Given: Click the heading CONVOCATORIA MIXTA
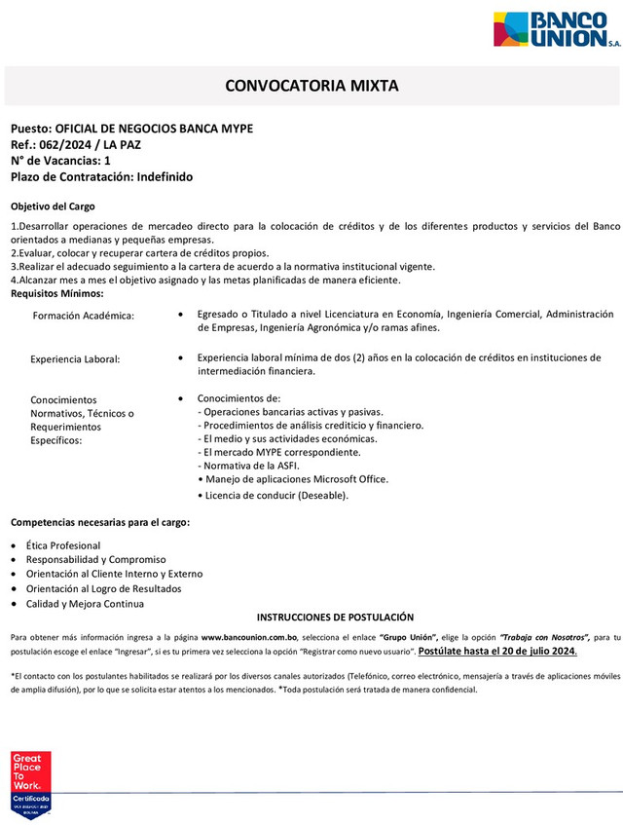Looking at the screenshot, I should (x=311, y=86).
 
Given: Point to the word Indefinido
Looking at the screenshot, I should (x=165, y=176).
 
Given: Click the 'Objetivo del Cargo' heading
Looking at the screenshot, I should (x=53, y=206).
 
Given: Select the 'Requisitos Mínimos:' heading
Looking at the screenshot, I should (x=56, y=293).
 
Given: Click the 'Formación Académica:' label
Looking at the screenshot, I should (x=84, y=316).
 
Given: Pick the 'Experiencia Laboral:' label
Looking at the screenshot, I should (x=76, y=359).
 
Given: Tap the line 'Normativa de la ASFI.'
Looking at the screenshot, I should (x=248, y=466).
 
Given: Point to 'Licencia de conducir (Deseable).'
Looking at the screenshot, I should (x=273, y=496).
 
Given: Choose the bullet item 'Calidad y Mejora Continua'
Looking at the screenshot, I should (x=87, y=604).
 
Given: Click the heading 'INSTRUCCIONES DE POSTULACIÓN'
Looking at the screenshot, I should (x=335, y=618).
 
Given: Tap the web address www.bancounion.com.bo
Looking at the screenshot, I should (x=256, y=637).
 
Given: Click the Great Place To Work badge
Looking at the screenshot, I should (x=30, y=785).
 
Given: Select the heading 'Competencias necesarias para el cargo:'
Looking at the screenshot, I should (x=100, y=523).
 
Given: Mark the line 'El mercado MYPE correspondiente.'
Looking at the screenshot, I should (x=278, y=452).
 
